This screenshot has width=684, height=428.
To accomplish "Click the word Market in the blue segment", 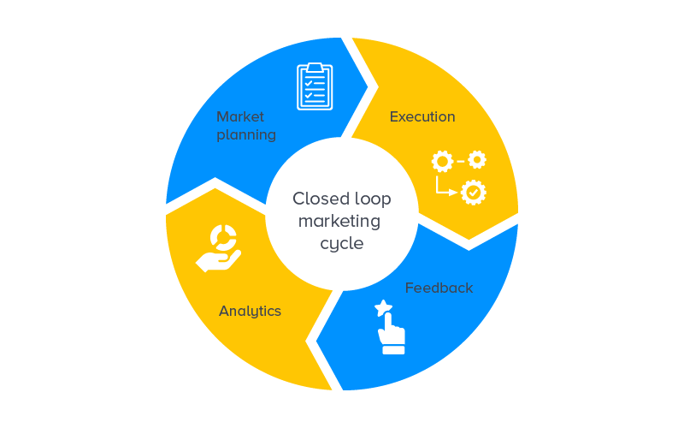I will click(x=240, y=116).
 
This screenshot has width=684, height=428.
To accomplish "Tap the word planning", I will click(x=246, y=135).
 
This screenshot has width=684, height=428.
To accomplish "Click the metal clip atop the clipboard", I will click(x=315, y=68).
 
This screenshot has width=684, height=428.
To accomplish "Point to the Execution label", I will click(x=422, y=116).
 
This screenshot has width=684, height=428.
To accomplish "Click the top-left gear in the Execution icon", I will click(x=441, y=161).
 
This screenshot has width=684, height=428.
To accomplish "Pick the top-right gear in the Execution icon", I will click(x=477, y=159).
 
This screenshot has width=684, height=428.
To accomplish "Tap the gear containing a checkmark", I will click(x=473, y=193).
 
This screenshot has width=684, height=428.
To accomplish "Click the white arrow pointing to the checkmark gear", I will click(x=446, y=189).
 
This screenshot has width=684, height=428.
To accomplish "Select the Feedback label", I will click(x=439, y=288).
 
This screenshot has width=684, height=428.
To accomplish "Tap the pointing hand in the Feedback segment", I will click(x=392, y=330).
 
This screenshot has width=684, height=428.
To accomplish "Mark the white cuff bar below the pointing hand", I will click(x=394, y=349).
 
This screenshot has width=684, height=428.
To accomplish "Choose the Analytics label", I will click(x=250, y=311).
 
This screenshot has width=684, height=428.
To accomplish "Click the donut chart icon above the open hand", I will click(x=224, y=237).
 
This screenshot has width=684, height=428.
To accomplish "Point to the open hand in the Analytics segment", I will click(x=217, y=259).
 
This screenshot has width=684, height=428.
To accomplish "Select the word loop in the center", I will click(x=372, y=199).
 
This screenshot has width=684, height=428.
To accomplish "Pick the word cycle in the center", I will click(x=342, y=244).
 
